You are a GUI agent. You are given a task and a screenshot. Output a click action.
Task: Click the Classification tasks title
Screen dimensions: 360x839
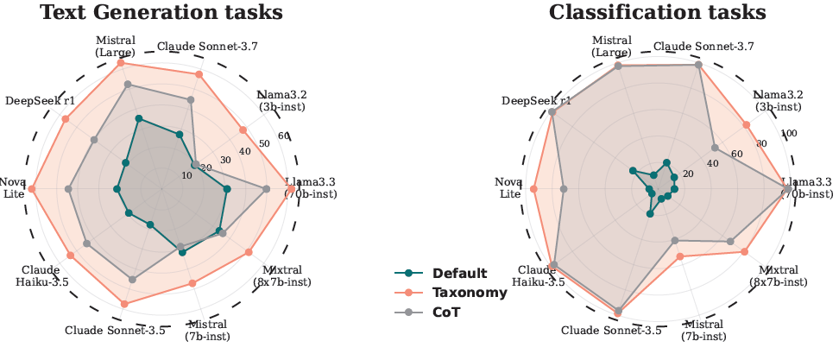point(658,13)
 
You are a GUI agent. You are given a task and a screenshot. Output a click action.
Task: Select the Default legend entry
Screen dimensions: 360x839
point(458,273)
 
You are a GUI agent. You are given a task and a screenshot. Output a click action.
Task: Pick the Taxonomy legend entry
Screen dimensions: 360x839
point(469,293)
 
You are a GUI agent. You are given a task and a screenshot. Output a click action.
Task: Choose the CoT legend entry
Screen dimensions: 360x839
point(446,313)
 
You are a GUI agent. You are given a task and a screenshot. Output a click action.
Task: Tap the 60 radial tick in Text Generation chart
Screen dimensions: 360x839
point(283,136)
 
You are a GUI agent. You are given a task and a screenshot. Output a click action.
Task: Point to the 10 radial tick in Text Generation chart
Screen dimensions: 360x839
point(186,176)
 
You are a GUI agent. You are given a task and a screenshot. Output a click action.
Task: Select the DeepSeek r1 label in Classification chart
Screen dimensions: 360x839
point(535,101)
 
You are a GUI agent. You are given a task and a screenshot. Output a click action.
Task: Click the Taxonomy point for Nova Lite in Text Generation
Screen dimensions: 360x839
point(32,189)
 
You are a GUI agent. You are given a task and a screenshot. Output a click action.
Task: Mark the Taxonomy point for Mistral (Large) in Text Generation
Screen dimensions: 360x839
point(121,63)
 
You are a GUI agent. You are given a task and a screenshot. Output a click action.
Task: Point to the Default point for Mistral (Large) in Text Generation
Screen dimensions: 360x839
point(138,119)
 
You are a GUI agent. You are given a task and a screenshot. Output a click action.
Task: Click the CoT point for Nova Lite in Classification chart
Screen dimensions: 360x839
point(564,189)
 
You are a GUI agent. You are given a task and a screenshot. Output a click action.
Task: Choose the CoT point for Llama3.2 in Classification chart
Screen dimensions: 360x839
point(715,148)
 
